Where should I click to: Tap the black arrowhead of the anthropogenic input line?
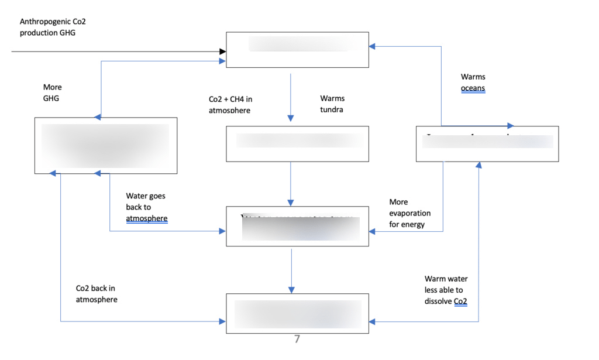(x=223, y=52)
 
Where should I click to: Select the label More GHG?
(x=52, y=92)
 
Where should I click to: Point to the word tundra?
(x=332, y=109)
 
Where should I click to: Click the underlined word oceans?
(x=473, y=88)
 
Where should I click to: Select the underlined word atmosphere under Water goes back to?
(x=146, y=218)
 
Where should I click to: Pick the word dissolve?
(x=438, y=301)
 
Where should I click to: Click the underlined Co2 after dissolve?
(x=460, y=301)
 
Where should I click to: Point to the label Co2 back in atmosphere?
(x=97, y=294)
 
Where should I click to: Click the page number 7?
(x=297, y=339)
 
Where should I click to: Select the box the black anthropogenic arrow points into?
(x=297, y=50)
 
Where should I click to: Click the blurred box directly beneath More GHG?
(x=106, y=145)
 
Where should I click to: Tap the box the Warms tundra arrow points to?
(x=297, y=143)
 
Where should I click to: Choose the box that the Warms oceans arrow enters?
(x=487, y=143)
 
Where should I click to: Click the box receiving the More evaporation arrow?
(x=297, y=224)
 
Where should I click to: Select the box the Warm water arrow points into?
(x=297, y=313)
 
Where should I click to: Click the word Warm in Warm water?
(x=436, y=279)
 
